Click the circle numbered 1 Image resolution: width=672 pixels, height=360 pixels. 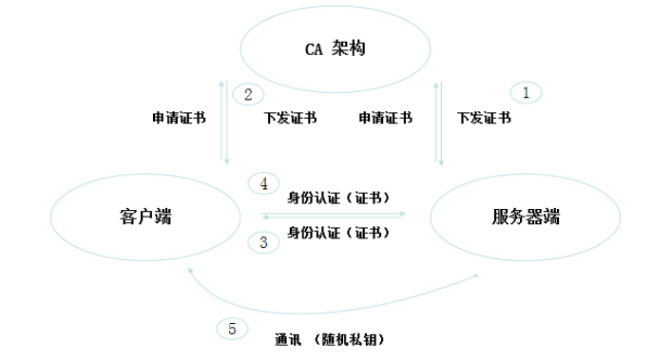[x=526, y=93]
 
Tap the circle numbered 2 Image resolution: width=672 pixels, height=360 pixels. [x=248, y=94]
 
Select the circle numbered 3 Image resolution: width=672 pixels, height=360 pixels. [x=263, y=241]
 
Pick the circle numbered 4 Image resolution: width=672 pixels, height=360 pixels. [x=263, y=182]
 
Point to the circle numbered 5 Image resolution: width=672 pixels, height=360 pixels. [x=232, y=329]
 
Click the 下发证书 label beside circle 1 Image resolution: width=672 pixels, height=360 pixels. [x=483, y=119]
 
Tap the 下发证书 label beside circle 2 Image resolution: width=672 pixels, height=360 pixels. [x=290, y=119]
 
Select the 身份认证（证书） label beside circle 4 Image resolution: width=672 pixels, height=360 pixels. [x=340, y=198]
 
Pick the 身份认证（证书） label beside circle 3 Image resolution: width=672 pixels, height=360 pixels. [x=340, y=232]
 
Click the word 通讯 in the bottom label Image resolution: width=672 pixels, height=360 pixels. [x=287, y=339]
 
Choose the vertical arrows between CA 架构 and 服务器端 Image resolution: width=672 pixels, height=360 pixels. [x=439, y=122]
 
